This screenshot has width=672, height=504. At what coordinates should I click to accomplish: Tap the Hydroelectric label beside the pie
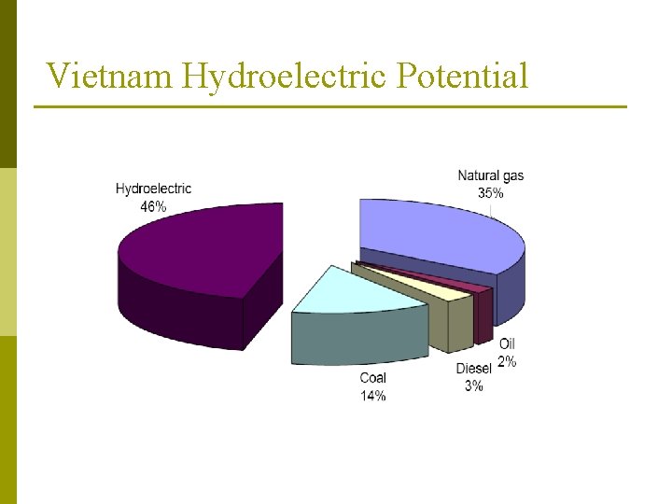pyautogui.click(x=153, y=189)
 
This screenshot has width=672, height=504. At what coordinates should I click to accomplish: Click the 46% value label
pyautogui.click(x=153, y=207)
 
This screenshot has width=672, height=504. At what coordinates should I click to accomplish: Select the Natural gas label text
pyautogui.click(x=490, y=176)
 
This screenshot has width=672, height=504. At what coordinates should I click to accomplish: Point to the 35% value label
pyautogui.click(x=490, y=193)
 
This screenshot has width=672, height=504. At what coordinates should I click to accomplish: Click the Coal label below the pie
pyautogui.click(x=372, y=378)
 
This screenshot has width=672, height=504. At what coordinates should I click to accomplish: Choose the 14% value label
pyautogui.click(x=372, y=396)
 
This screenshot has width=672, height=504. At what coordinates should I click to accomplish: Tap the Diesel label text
pyautogui.click(x=473, y=369)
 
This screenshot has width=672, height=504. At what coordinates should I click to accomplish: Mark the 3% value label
pyautogui.click(x=473, y=385)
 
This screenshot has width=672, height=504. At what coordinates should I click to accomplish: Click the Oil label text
pyautogui.click(x=507, y=344)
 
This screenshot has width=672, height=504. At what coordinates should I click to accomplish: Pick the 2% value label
pyautogui.click(x=506, y=361)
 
